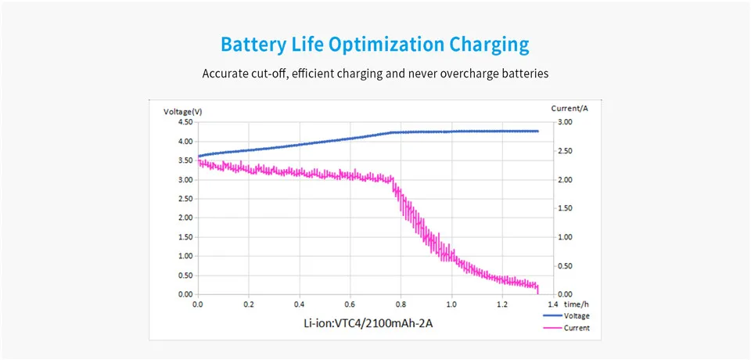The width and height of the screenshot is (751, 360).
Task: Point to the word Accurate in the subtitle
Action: pos(225,74)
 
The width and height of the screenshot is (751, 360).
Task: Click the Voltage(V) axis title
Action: pos(183,112)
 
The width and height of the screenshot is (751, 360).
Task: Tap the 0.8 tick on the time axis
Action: pos(401,304)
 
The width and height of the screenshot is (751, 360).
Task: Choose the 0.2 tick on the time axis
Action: pos(249,304)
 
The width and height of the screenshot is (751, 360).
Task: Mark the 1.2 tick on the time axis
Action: pos(503,304)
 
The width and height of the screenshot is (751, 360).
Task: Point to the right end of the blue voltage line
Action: pos(538,131)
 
